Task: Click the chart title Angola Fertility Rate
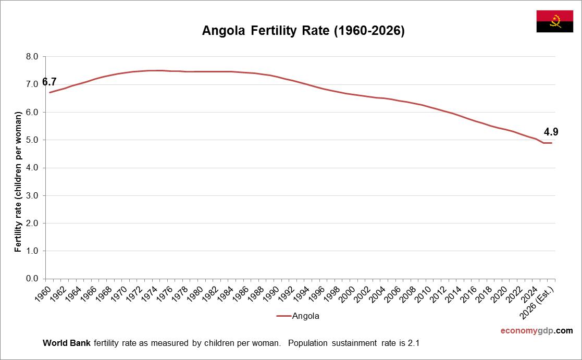coord(303,31)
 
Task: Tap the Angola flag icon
coord(555,21)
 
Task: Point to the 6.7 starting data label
coord(49,82)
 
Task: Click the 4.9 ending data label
coord(551,132)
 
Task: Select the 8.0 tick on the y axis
coord(32,57)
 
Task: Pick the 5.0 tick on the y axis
coord(32,140)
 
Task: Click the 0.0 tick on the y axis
coord(32,279)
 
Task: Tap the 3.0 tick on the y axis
coord(32,195)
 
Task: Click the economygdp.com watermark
coord(536,331)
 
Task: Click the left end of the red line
coord(50,92)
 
